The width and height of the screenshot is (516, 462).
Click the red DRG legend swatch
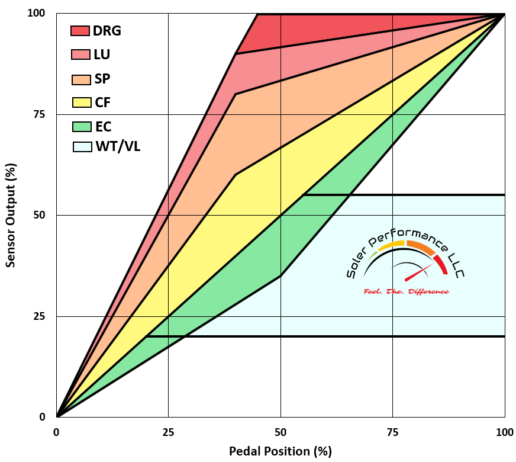80,31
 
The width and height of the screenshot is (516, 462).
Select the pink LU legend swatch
80,54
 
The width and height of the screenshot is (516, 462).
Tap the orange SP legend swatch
80,79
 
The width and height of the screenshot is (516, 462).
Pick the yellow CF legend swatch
80,102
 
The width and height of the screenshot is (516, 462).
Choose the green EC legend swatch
80,126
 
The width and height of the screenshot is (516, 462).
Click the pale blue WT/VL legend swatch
80,146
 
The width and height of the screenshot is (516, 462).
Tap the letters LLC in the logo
456,267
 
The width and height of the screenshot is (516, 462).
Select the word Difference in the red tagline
427,291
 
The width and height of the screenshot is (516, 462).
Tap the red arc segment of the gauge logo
440,264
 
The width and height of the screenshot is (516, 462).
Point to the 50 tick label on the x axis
280,432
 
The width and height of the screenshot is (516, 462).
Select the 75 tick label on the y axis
38,114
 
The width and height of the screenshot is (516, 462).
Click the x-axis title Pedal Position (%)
280,451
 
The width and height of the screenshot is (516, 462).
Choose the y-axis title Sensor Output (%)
11,215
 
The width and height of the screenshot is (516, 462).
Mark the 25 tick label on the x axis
169,432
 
